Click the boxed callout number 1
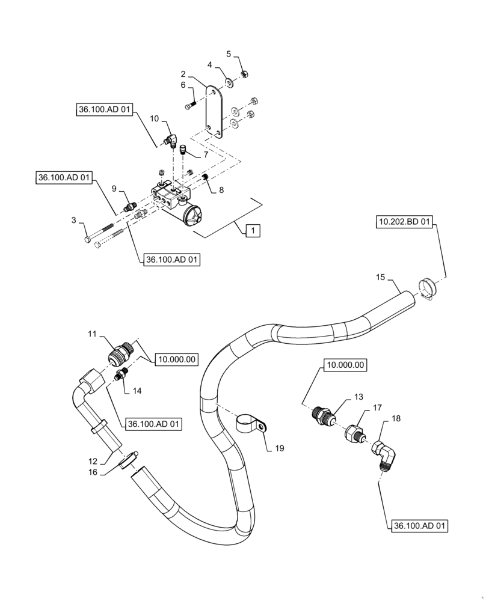pyautogui.click(x=253, y=230)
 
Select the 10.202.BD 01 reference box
pyautogui.click(x=404, y=223)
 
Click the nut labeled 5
pyautogui.click(x=245, y=74)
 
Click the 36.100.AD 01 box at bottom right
pyautogui.click(x=420, y=525)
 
